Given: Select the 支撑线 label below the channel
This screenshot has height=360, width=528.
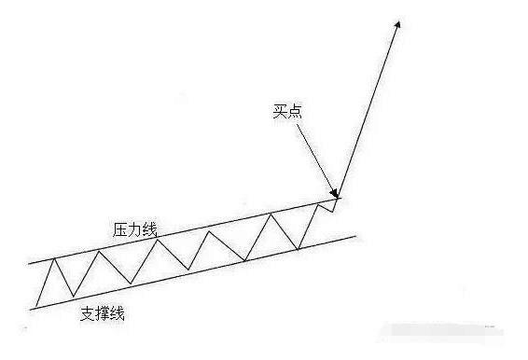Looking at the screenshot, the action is coord(103,313).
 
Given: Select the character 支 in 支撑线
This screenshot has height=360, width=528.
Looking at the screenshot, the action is coord(89,313).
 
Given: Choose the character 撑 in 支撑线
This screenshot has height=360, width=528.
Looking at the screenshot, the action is coord(103,313).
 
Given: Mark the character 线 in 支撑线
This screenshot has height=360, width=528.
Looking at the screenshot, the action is coord(118,313).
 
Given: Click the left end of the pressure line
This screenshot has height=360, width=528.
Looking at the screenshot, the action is coord(30,264).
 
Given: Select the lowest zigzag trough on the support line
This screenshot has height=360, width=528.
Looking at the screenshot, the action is coord(73,298).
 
